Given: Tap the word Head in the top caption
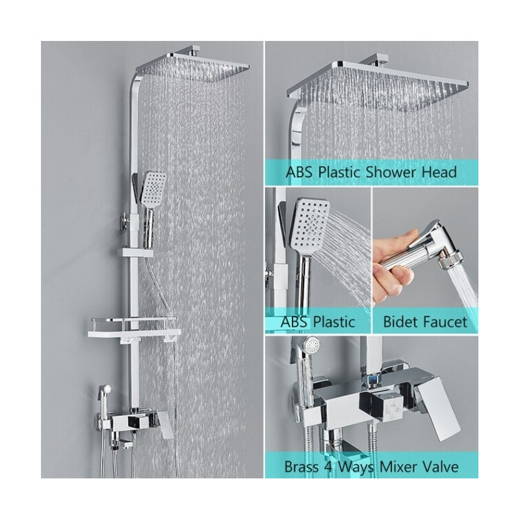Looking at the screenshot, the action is point(439,172).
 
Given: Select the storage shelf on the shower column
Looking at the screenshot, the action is point(135,328).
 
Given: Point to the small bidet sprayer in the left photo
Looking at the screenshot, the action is point(103,395).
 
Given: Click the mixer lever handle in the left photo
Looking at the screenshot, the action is point(165,424).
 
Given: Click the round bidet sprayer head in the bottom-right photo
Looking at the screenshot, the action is point(311,345).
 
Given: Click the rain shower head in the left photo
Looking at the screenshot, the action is point(193,66).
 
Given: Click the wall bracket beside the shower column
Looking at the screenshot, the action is point(124,220).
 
